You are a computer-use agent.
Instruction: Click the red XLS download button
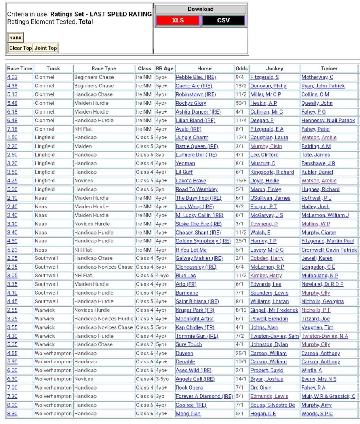pos(178,20)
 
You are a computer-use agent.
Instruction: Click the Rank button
pos(15,38)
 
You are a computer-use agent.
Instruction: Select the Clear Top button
pos(20,48)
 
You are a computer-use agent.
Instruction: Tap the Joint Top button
pos(46,48)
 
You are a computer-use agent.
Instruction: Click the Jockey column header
pos(275,68)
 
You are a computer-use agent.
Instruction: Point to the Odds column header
pos(242,68)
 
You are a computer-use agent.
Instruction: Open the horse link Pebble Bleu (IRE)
pos(196,77)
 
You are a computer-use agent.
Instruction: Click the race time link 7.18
pos(12,129)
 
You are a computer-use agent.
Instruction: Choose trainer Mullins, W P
pos(316,224)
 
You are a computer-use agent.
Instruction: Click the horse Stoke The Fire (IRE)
pos(198,224)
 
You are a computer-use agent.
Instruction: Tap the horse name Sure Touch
pos(188,344)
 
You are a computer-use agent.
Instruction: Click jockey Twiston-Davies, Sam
pos(274,336)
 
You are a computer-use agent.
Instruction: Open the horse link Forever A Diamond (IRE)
pos(204,396)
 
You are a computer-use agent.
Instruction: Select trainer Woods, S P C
pos(317,414)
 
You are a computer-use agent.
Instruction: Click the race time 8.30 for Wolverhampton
pos(12,414)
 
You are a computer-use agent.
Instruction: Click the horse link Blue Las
pos(186,276)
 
